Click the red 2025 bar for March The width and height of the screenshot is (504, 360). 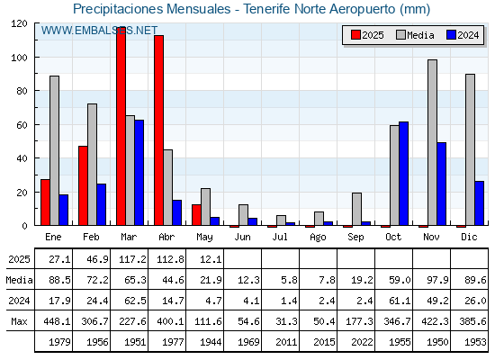[x=121, y=126]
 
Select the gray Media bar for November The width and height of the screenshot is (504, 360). [x=432, y=142]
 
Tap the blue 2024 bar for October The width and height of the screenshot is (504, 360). [x=404, y=174]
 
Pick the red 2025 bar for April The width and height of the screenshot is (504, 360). [x=158, y=130]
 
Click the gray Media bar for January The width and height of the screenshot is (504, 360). [x=54, y=150]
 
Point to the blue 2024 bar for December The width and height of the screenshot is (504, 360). [x=479, y=203]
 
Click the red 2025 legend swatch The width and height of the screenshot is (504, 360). [x=355, y=35]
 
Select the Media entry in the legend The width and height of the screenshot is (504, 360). [x=415, y=35]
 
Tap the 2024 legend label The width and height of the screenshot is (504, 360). [x=468, y=35]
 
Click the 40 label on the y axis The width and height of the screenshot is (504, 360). [x=22, y=158]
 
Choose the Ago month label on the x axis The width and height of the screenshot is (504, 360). [x=318, y=238]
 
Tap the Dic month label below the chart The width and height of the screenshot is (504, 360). [x=469, y=237]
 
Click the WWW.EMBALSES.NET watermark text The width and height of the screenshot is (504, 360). [x=99, y=31]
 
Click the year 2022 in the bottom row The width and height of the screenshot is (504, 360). [x=362, y=342]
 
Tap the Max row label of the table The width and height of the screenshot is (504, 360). [x=19, y=321]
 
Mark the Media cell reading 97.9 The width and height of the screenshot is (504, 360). [x=437, y=280]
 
